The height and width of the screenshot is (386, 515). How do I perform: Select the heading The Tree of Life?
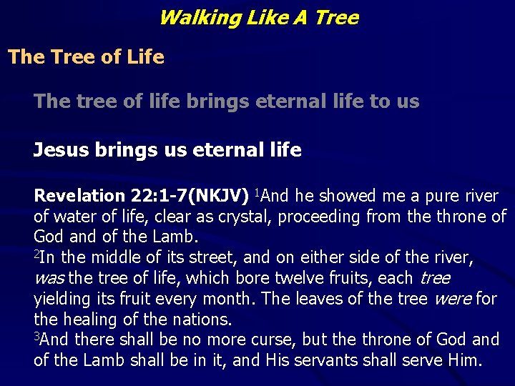click(86, 57)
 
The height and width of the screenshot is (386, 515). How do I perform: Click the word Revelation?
click(79, 196)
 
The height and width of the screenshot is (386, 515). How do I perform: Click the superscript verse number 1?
click(253, 192)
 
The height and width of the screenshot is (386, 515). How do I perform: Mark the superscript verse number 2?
click(36, 253)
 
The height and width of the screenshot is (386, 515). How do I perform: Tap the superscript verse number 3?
click(36, 336)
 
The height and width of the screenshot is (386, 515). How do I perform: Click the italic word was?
click(47, 278)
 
